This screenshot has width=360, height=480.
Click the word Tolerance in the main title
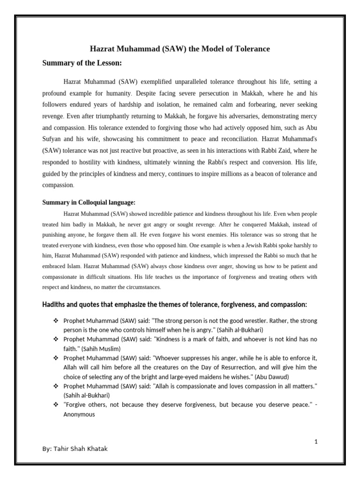251,49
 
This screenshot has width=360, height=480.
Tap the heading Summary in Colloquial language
89,202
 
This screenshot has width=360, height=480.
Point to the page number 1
316,442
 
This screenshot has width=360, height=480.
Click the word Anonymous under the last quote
79,414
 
